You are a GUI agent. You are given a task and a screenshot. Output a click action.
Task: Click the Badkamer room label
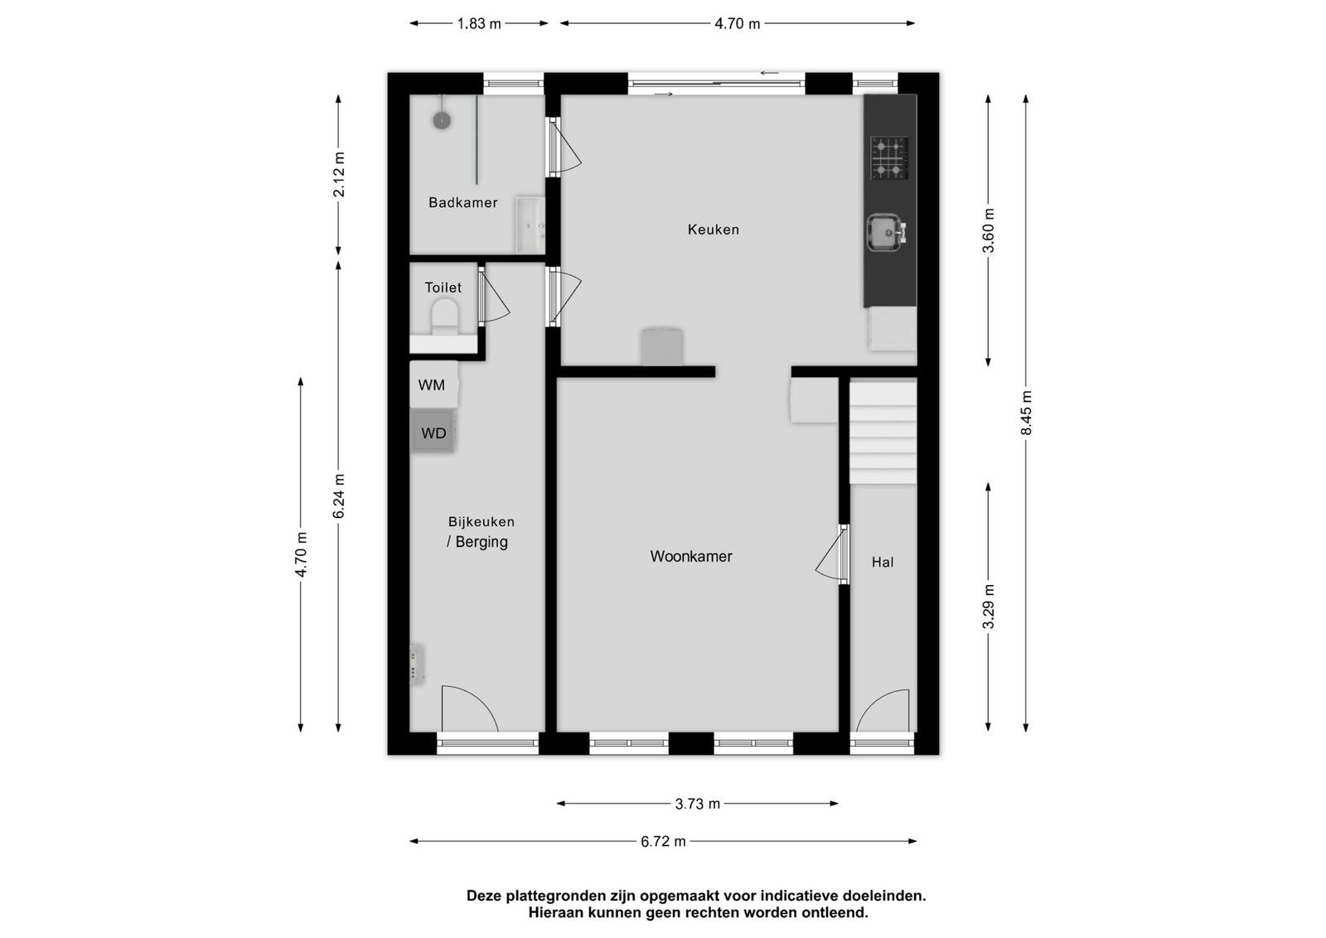[463, 202]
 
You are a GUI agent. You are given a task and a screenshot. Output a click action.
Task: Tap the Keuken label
[714, 230]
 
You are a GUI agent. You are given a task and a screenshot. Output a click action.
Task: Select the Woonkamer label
[691, 556]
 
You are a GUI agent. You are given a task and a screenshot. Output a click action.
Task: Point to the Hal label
[882, 562]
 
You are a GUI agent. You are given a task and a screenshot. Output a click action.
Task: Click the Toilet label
[443, 288]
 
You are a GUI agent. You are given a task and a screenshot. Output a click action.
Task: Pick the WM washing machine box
[433, 384]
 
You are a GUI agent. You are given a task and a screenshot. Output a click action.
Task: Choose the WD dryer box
[433, 432]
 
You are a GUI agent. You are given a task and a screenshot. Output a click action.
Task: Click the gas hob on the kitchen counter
[889, 158]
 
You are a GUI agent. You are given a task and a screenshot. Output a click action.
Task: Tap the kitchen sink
[886, 233]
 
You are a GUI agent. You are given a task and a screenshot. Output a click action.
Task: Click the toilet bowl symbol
[444, 318]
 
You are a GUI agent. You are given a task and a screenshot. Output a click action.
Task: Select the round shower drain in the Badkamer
[442, 121]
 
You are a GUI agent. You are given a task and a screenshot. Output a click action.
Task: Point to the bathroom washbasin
[530, 225]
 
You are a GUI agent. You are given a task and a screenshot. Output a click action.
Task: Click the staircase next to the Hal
[883, 433]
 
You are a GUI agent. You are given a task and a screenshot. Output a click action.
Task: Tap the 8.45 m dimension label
[1026, 413]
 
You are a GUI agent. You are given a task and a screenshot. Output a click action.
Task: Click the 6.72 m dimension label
[663, 842]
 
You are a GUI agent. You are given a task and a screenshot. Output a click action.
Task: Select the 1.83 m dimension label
[479, 24]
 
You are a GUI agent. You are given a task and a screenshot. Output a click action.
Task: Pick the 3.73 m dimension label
[697, 804]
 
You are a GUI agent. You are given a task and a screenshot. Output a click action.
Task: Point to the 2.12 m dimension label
[339, 175]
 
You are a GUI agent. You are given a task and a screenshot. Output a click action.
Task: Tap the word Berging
[482, 542]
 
